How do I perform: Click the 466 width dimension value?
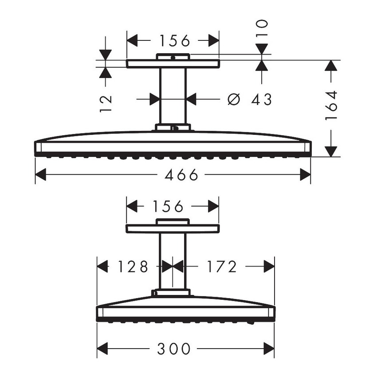(181, 175)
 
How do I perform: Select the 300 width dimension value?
(173, 349)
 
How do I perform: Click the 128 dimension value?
(132, 267)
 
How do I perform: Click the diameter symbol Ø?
(233, 99)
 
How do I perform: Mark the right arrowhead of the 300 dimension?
(269, 349)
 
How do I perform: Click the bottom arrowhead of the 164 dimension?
(330, 151)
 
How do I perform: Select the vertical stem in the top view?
(173, 95)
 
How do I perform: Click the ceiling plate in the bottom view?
(172, 229)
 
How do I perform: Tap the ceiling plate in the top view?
(173, 64)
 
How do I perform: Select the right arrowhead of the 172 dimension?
(269, 267)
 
